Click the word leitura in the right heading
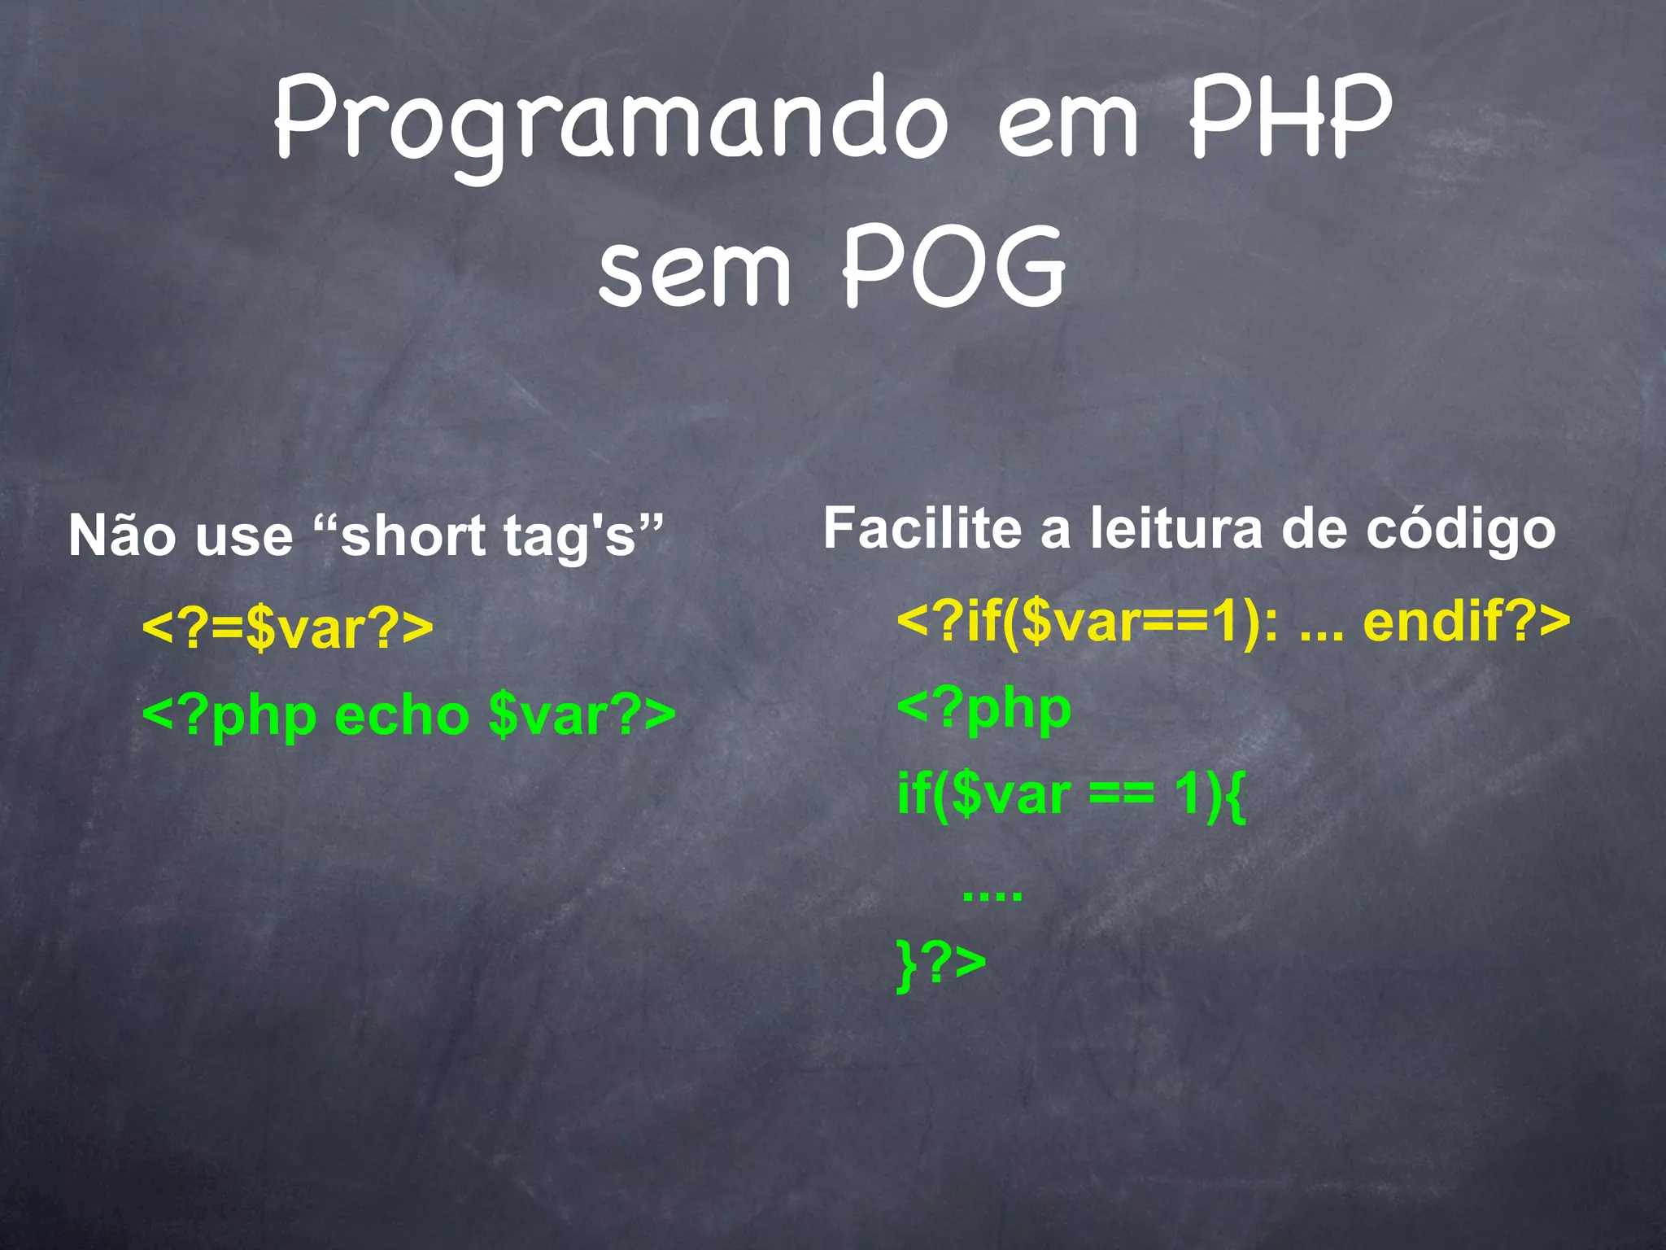click(x=1176, y=529)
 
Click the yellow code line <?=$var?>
click(x=287, y=628)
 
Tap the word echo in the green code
click(x=402, y=715)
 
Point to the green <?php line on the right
click(x=983, y=709)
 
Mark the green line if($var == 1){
click(x=1071, y=795)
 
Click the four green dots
click(x=992, y=896)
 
